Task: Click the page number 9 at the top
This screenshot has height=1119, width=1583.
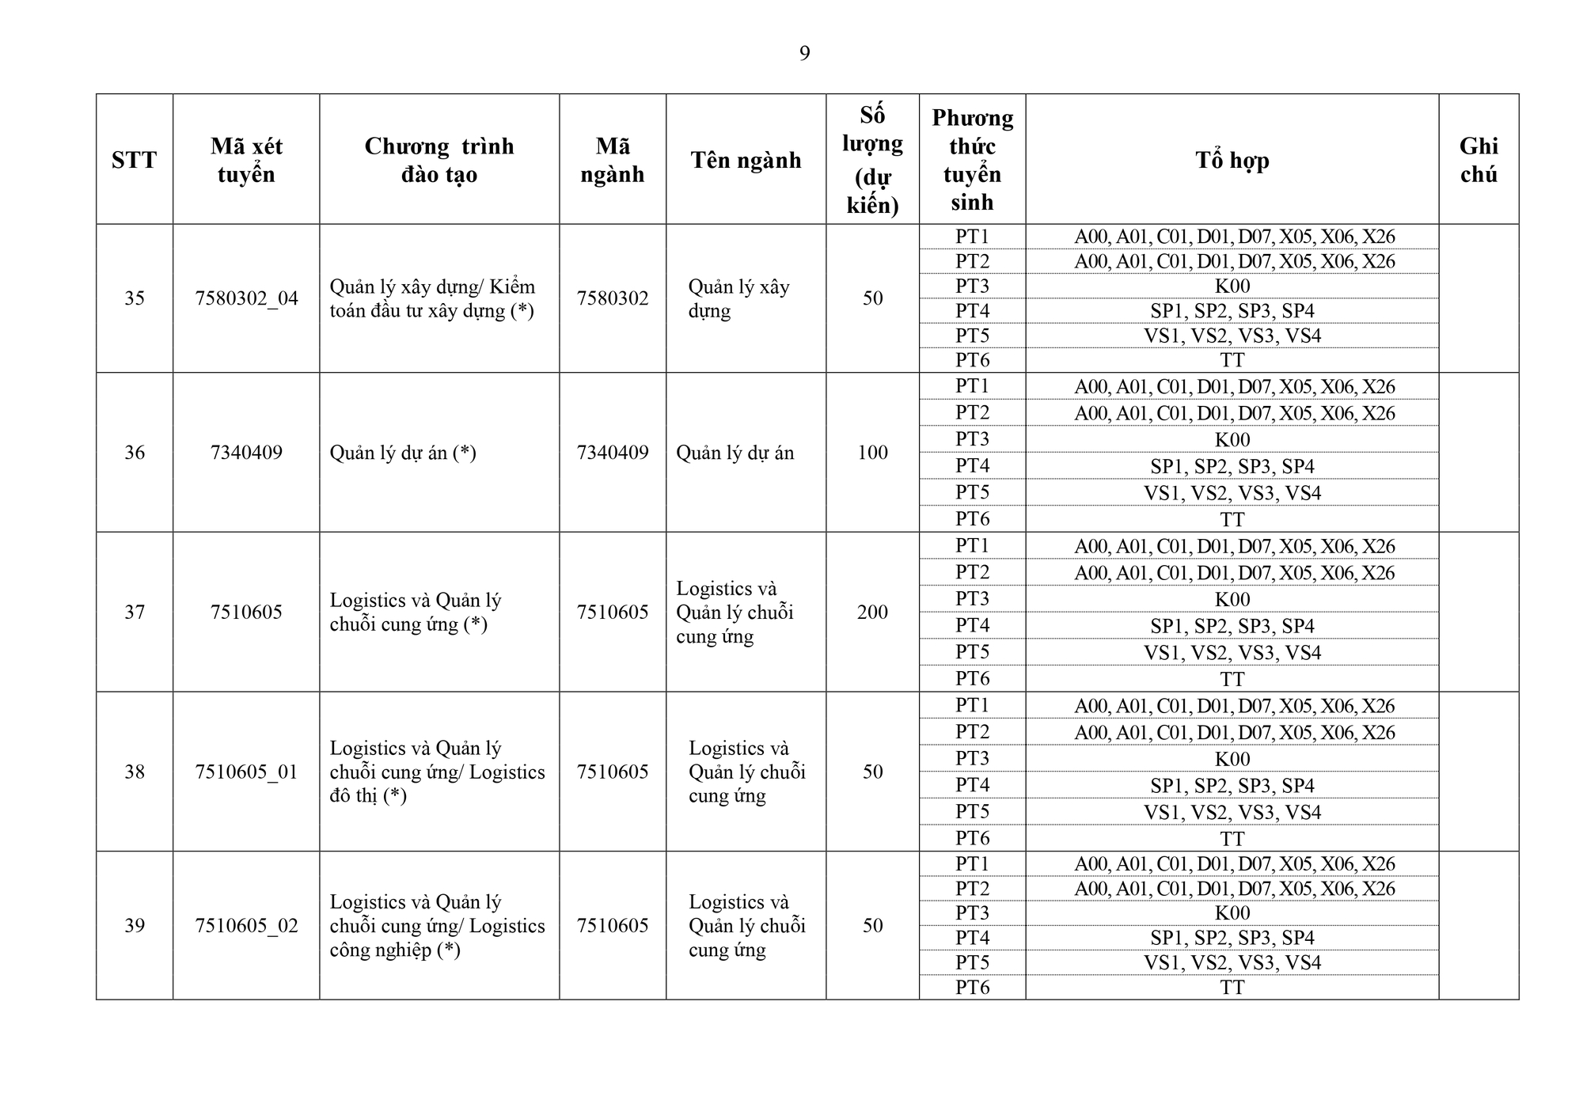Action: point(804,54)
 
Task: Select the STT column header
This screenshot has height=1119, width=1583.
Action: point(134,160)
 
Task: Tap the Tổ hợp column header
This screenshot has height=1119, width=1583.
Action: point(1232,160)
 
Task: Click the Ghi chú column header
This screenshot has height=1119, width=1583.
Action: point(1478,160)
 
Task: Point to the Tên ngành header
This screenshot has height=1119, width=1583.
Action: point(746,160)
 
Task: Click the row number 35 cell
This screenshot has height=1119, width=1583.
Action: point(135,298)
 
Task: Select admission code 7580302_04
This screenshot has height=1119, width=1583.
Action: point(246,298)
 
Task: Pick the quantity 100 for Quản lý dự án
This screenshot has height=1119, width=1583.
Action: point(872,453)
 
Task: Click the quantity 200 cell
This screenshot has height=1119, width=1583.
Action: point(872,612)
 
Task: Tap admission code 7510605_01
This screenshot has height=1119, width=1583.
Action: point(246,772)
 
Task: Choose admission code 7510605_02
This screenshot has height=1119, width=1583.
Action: point(246,925)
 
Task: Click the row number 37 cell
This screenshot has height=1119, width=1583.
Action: point(135,612)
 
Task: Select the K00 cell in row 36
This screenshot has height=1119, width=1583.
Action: point(1232,440)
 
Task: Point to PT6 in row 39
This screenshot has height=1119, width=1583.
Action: point(972,987)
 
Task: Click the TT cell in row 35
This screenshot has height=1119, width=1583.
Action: point(1232,360)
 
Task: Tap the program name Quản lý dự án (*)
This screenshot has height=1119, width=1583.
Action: point(403,453)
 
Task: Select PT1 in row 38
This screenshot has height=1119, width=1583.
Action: point(972,705)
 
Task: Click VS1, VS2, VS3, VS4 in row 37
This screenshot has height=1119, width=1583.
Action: point(1232,653)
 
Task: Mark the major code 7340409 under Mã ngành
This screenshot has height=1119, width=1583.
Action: point(612,453)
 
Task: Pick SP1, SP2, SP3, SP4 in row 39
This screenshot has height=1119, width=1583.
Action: point(1232,938)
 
